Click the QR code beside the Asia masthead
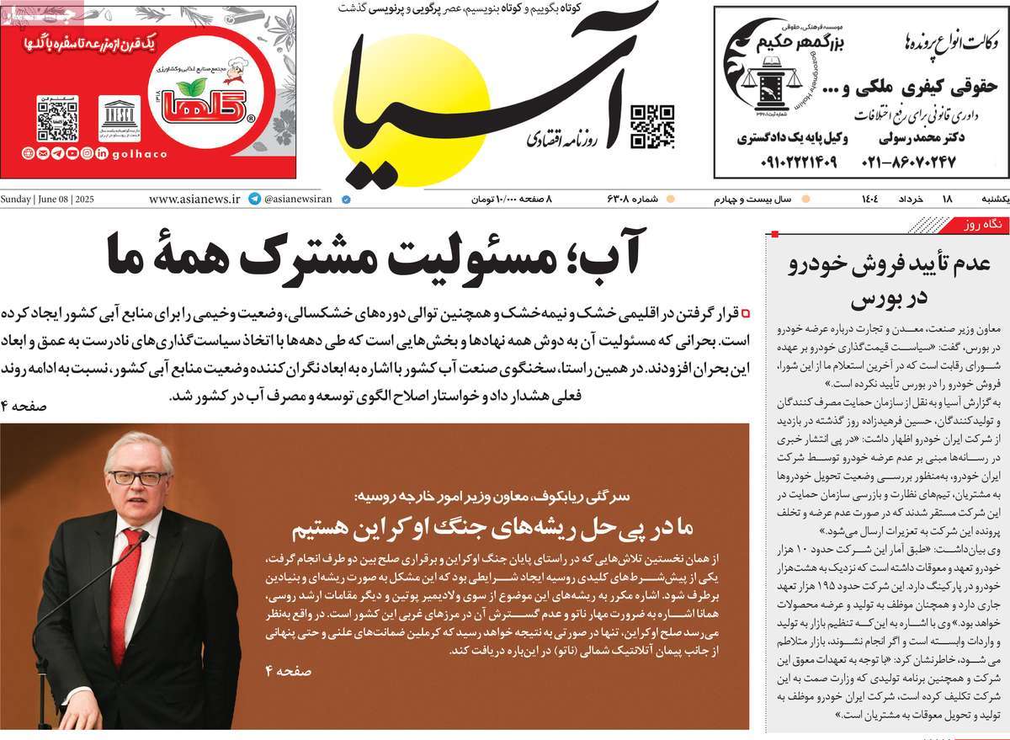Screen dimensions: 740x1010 [652, 126]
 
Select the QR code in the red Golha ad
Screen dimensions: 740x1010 [57, 119]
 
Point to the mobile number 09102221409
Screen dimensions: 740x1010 [787, 161]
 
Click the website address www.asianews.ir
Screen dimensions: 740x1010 [194, 200]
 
